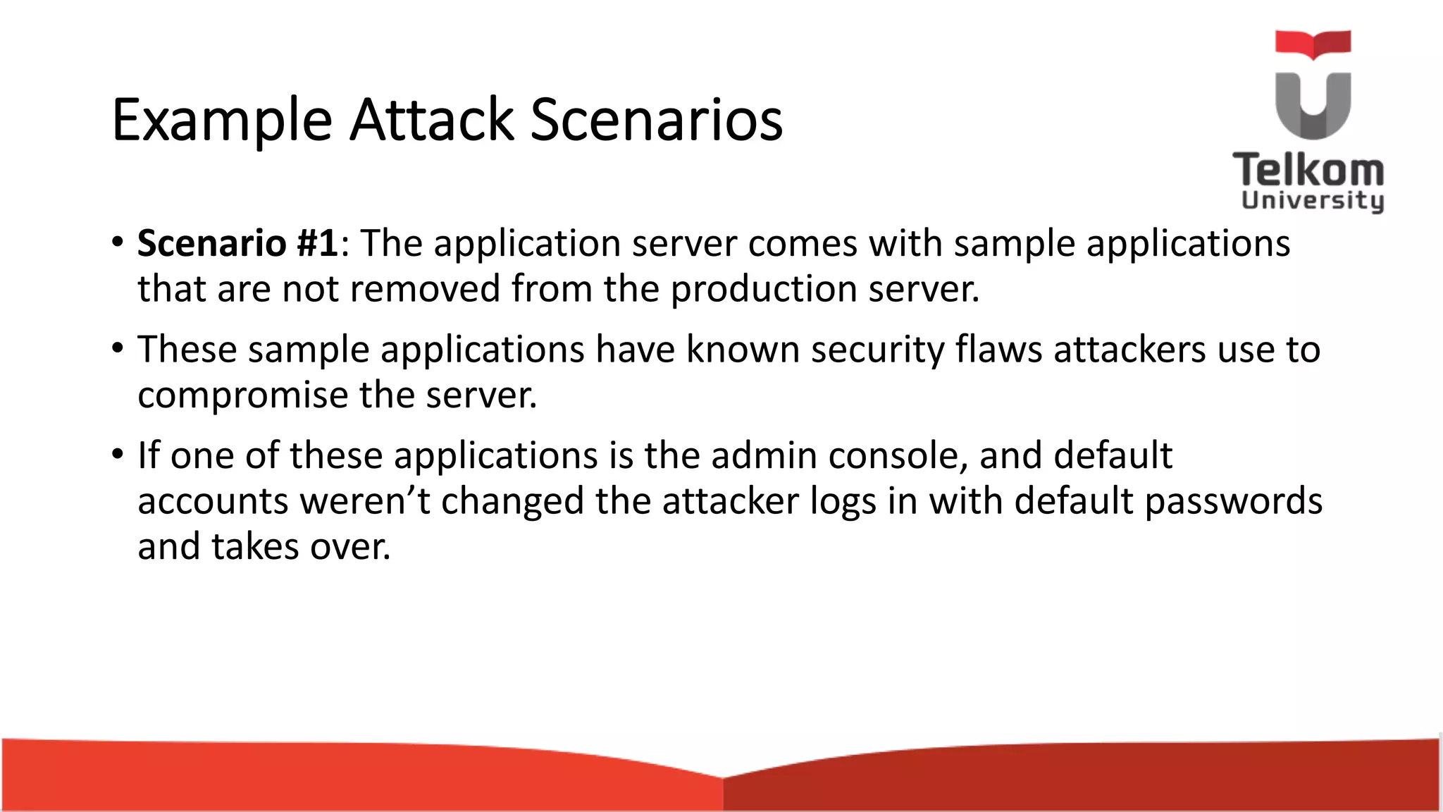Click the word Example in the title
[x=221, y=120]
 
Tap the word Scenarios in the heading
[x=656, y=120]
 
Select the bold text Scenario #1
[x=238, y=244]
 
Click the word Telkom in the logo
[x=1308, y=171]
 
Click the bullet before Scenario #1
[x=118, y=242]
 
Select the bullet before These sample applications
[x=118, y=348]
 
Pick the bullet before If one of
[x=118, y=454]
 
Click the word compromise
[x=242, y=395]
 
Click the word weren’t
[x=364, y=501]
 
